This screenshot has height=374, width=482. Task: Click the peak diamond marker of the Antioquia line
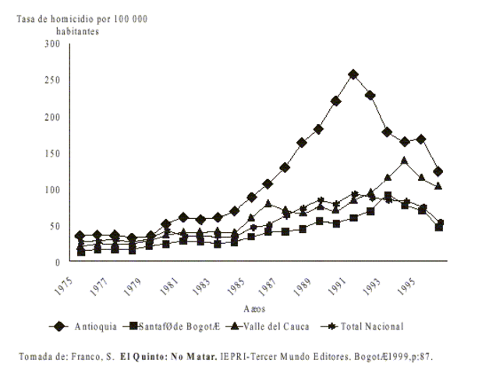[x=353, y=75]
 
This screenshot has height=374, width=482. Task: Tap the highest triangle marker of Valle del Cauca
[x=404, y=161]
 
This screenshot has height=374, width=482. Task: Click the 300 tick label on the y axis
[x=53, y=44]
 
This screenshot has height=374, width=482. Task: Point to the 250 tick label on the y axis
[x=53, y=80]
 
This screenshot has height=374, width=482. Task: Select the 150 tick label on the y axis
[x=53, y=153]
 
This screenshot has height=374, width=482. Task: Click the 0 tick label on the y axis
[x=58, y=263]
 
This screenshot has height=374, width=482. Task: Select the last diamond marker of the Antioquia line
[x=438, y=171]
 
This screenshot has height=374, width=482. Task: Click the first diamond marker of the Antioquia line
[x=80, y=235]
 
